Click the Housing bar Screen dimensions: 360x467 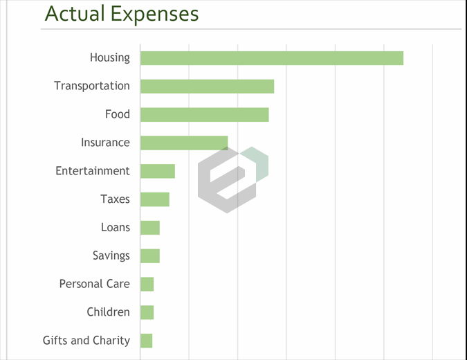(x=271, y=57)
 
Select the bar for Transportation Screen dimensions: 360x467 (x=207, y=86)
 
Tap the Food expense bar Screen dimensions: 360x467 (x=204, y=114)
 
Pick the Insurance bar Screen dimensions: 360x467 (x=183, y=143)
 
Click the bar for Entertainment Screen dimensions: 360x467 (x=157, y=171)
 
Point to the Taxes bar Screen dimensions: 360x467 (x=154, y=199)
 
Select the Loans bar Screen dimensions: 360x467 (x=149, y=228)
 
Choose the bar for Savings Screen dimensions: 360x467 (x=149, y=255)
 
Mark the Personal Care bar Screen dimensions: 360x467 (x=147, y=284)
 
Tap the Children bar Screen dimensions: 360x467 (x=147, y=312)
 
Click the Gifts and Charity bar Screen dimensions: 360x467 (x=146, y=341)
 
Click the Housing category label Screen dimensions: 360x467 (x=109, y=57)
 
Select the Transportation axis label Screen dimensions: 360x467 (x=92, y=86)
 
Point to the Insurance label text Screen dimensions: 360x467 (x=105, y=143)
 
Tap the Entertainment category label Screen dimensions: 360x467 (x=93, y=171)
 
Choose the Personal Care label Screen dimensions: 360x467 (x=94, y=284)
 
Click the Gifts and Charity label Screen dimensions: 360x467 (x=86, y=341)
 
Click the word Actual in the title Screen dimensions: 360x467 (x=73, y=14)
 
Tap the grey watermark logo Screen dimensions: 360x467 (x=232, y=179)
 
